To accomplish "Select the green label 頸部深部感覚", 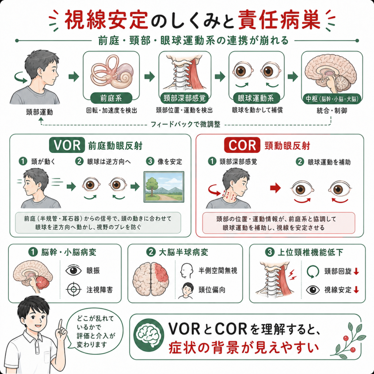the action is pos(184,98).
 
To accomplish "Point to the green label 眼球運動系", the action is pos(256,98).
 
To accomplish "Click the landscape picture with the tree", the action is pos(164,187).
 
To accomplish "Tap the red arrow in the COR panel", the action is pos(275,188).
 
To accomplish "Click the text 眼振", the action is pos(93,271).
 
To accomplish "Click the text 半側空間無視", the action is pos(218,271).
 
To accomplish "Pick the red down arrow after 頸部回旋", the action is pos(356,271).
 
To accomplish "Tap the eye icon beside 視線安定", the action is pos(313,290).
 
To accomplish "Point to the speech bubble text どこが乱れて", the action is pos(95,318).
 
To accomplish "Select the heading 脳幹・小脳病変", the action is pos(69,252).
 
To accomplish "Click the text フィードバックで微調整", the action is pos(185,124).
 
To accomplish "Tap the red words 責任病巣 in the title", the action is pos(279,20).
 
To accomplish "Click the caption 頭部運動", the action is pos(39,112).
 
